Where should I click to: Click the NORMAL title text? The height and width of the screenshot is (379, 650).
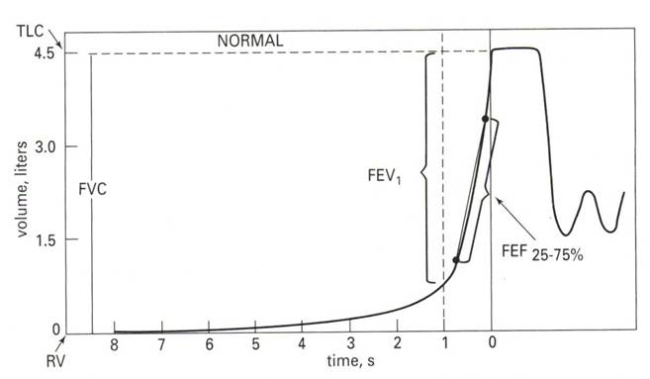pyautogui.click(x=250, y=41)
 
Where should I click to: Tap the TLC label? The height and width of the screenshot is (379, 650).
pyautogui.click(x=30, y=31)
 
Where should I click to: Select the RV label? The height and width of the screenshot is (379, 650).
pyautogui.click(x=55, y=361)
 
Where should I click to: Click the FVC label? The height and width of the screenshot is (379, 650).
pyautogui.click(x=92, y=189)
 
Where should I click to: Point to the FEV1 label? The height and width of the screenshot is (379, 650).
pyautogui.click(x=384, y=176)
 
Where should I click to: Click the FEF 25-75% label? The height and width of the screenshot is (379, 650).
pyautogui.click(x=542, y=252)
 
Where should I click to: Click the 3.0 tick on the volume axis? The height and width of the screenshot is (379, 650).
pyautogui.click(x=46, y=147)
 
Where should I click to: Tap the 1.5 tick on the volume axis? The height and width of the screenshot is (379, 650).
pyautogui.click(x=46, y=240)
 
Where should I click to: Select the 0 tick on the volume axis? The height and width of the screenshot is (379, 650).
pyautogui.click(x=56, y=331)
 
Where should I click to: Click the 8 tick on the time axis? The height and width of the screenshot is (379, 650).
pyautogui.click(x=114, y=344)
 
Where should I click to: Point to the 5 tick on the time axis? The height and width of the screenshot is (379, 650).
pyautogui.click(x=255, y=344)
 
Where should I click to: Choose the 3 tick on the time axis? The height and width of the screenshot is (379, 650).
pyautogui.click(x=350, y=344)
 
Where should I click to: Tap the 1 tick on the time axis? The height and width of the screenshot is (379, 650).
pyautogui.click(x=444, y=343)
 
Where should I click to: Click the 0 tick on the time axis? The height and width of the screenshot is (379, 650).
pyautogui.click(x=492, y=343)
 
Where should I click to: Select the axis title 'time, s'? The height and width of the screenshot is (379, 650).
pyautogui.click(x=350, y=361)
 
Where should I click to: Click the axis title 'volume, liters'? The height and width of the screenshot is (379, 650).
pyautogui.click(x=22, y=189)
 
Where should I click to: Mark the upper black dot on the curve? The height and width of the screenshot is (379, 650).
pyautogui.click(x=486, y=119)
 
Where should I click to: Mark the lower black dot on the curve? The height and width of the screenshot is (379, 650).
pyautogui.click(x=456, y=260)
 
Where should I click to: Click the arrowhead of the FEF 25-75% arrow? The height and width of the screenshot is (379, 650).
pyautogui.click(x=499, y=201)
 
